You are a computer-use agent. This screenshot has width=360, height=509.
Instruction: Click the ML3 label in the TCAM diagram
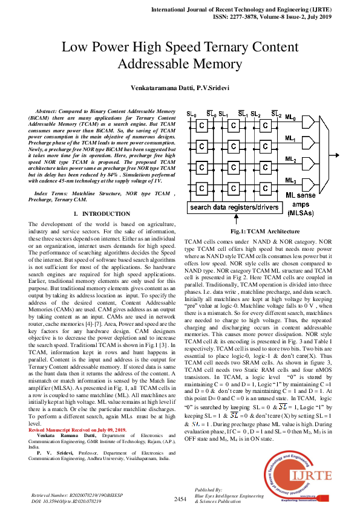pos(291,181)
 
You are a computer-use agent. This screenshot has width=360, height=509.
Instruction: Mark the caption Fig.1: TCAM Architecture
pos(257,232)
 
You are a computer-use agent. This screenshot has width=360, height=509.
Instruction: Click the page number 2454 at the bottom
pos(180,499)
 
